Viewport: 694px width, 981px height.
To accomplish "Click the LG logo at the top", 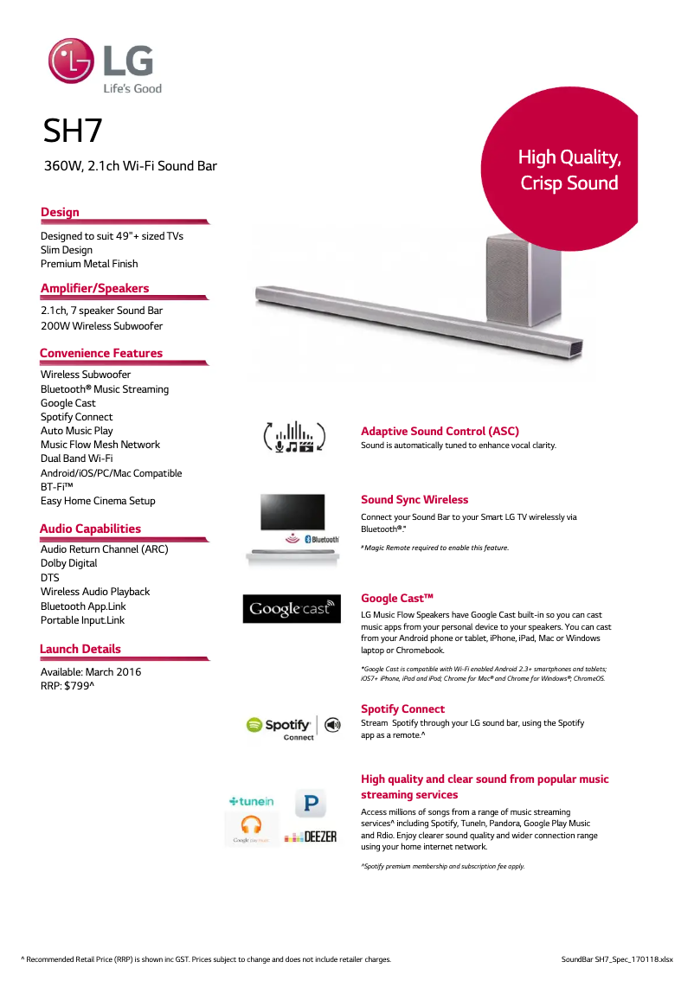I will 105,66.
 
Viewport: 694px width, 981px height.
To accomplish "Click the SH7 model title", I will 73,131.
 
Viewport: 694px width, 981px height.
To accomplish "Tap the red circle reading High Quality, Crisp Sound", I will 568,170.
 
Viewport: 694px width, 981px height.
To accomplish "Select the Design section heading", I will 60,212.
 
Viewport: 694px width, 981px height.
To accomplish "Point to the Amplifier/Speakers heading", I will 94,288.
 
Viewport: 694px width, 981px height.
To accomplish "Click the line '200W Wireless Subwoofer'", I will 101,326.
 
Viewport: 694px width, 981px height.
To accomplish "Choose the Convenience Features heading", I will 100,353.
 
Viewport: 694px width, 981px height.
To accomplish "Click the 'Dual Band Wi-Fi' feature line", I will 76,458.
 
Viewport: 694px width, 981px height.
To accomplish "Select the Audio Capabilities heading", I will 90,529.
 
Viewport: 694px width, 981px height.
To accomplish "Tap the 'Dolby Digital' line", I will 68,563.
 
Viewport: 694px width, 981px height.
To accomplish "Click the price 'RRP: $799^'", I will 67,686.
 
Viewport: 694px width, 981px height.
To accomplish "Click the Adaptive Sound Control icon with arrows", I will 294,436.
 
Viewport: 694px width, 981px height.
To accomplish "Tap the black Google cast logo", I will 292,609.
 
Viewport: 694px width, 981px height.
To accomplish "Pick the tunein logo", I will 251,802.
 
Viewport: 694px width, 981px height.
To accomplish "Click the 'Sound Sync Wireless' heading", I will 414,500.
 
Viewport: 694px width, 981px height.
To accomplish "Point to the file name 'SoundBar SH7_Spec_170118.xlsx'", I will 616,959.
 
